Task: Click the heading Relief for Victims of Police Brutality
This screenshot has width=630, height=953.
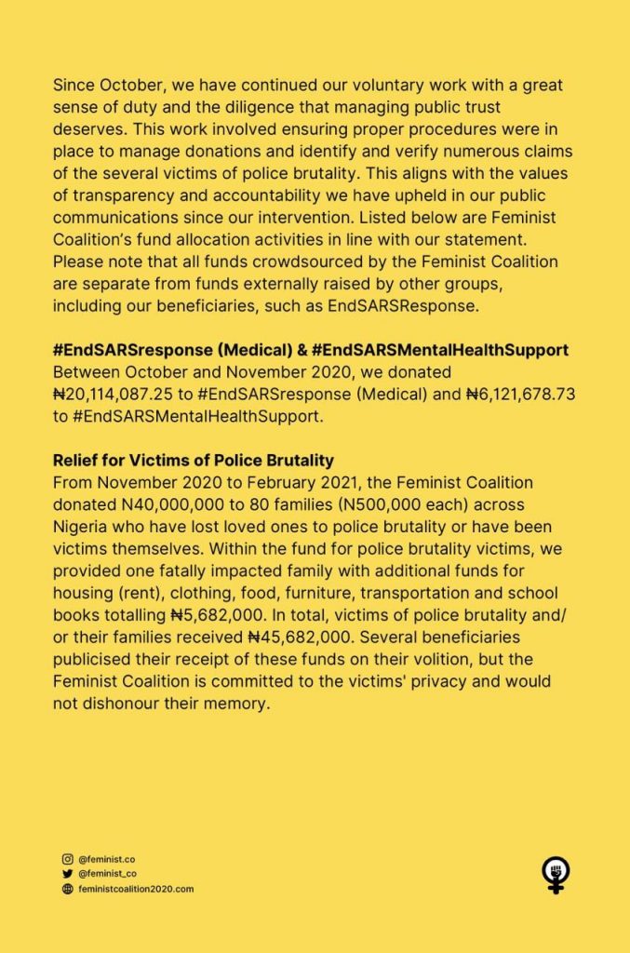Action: pyautogui.click(x=193, y=461)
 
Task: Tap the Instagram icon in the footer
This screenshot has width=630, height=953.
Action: pyautogui.click(x=67, y=859)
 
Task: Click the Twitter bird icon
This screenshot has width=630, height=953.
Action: pyautogui.click(x=67, y=874)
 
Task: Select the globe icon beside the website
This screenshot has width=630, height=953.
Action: pyautogui.click(x=67, y=889)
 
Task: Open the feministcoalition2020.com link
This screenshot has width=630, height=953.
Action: pyautogui.click(x=136, y=889)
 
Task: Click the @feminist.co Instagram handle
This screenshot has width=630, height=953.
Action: pyautogui.click(x=107, y=859)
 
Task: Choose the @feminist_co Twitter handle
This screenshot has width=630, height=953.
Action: pyautogui.click(x=108, y=874)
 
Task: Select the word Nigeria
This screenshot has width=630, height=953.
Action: pyautogui.click(x=83, y=526)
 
